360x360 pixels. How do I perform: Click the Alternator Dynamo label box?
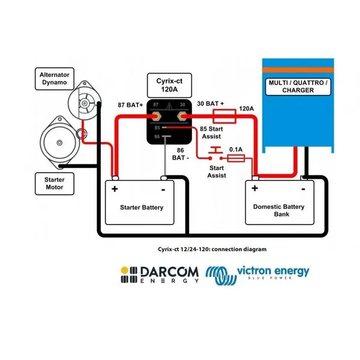pyautogui.click(x=55, y=79)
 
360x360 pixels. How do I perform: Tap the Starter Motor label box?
pyautogui.click(x=55, y=184)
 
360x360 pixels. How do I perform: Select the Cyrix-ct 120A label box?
pyautogui.click(x=169, y=85)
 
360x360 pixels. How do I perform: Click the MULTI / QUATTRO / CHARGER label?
pyautogui.click(x=298, y=86)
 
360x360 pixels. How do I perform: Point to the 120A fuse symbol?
pyautogui.click(x=224, y=116)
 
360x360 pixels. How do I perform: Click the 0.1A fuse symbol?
pyautogui.click(x=236, y=158)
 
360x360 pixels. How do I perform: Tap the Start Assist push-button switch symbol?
pyautogui.click(x=215, y=153)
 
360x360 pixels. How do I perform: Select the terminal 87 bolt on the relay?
pyautogui.click(x=156, y=116)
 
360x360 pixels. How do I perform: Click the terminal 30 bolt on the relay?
pyautogui.click(x=182, y=116)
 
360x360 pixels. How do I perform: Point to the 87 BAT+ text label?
pyautogui.click(x=130, y=105)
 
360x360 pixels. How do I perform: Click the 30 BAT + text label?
pyautogui.click(x=211, y=104)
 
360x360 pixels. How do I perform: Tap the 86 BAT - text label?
pyautogui.click(x=181, y=154)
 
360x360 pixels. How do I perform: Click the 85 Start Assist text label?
pyautogui.click(x=211, y=133)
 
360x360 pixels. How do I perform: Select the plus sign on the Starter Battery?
pyautogui.click(x=115, y=189)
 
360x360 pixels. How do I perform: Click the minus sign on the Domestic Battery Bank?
pyautogui.click(x=303, y=190)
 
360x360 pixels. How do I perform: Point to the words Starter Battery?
pyautogui.click(x=142, y=208)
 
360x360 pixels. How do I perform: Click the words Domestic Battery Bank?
pyautogui.click(x=279, y=211)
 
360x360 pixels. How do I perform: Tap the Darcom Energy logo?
pyautogui.click(x=160, y=275)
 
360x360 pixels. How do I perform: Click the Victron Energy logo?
pyautogui.click(x=257, y=275)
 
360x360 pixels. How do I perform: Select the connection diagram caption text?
pyautogui.click(x=212, y=250)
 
